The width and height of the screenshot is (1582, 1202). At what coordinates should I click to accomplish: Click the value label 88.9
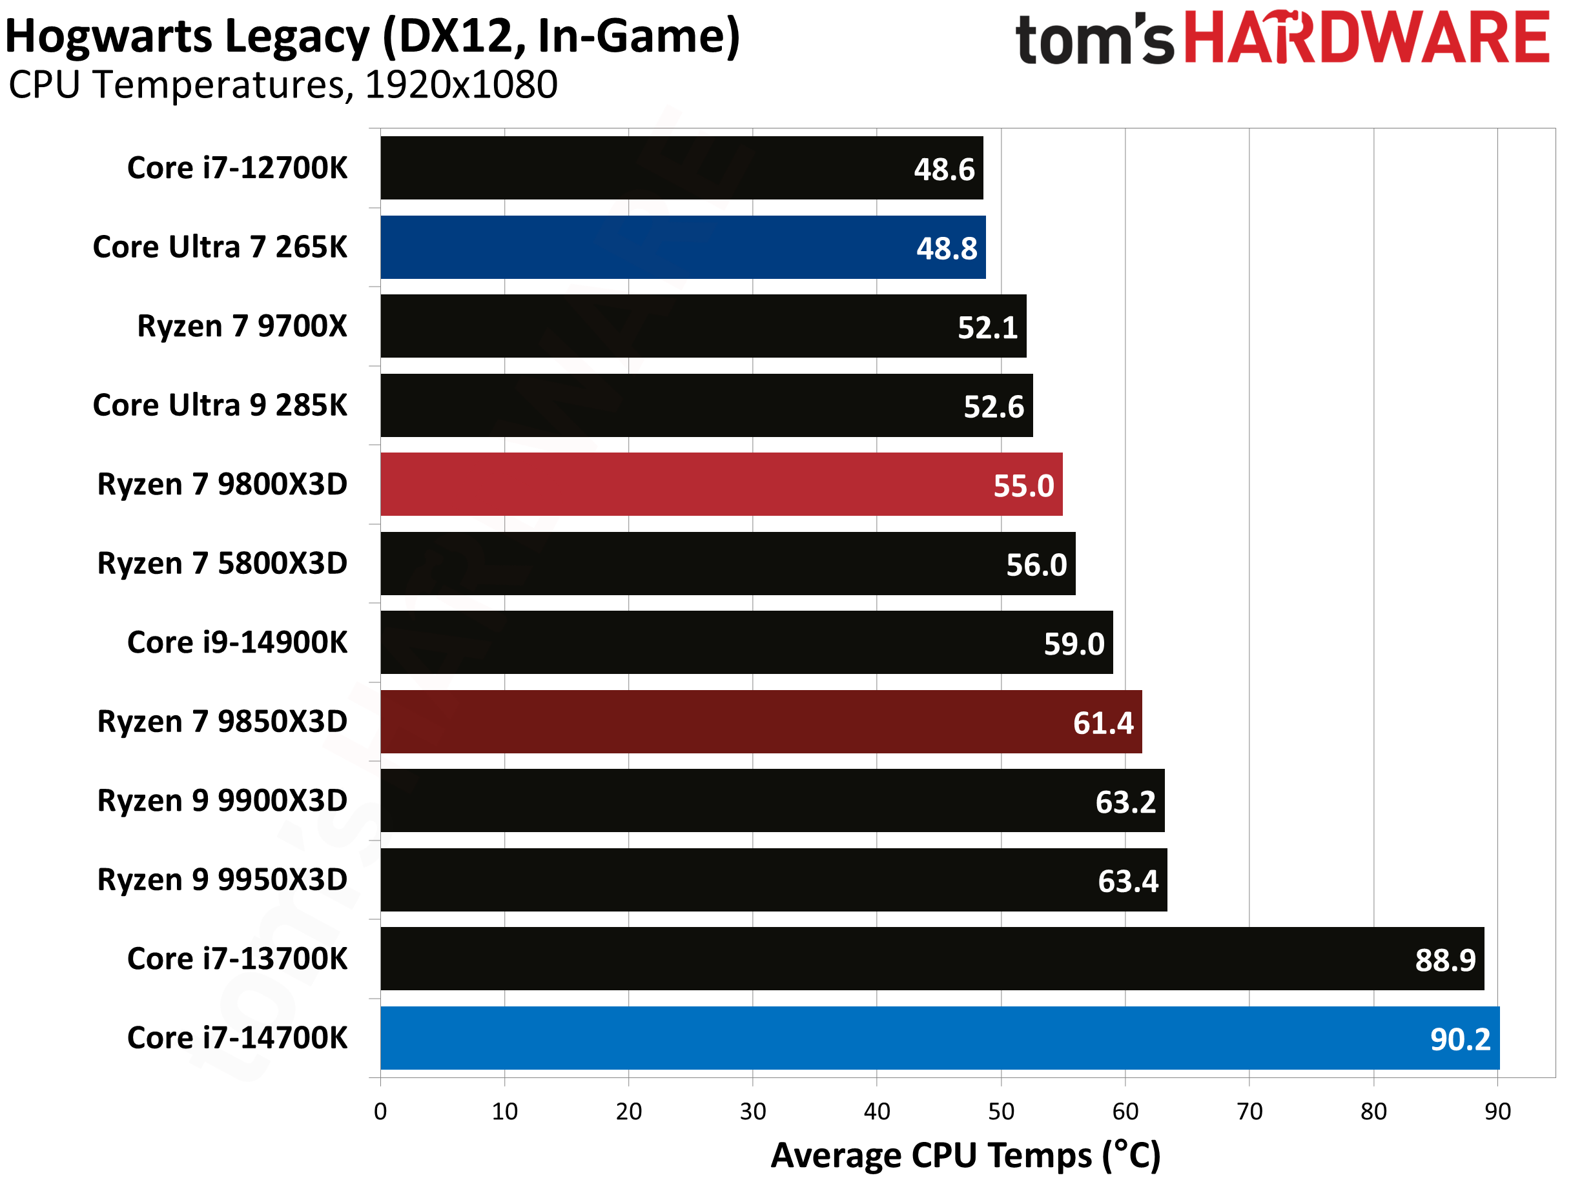point(1444,959)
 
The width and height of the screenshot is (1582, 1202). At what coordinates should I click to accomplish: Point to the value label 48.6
point(944,170)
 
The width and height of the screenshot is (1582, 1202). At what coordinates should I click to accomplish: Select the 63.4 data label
point(1127,881)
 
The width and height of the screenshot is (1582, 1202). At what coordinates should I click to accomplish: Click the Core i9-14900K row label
point(237,642)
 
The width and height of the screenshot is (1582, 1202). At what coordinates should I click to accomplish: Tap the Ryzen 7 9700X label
point(242,325)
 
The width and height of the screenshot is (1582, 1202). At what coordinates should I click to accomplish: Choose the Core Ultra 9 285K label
point(220,405)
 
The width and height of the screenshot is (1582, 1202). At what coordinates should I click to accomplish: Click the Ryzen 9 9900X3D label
point(222,800)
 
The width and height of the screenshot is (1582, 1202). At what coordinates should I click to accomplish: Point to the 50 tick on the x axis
point(1000,1111)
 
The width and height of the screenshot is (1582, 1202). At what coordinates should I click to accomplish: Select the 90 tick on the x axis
point(1497,1111)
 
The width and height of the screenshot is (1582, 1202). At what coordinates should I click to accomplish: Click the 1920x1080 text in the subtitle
point(461,85)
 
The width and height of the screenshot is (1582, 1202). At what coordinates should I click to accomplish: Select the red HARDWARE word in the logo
point(1366,37)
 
